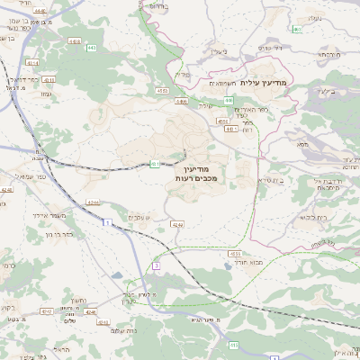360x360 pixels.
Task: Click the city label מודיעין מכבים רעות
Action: tap(192, 174)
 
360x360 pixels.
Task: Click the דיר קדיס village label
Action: tap(269, 47)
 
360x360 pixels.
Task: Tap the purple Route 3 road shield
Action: tap(156, 266)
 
